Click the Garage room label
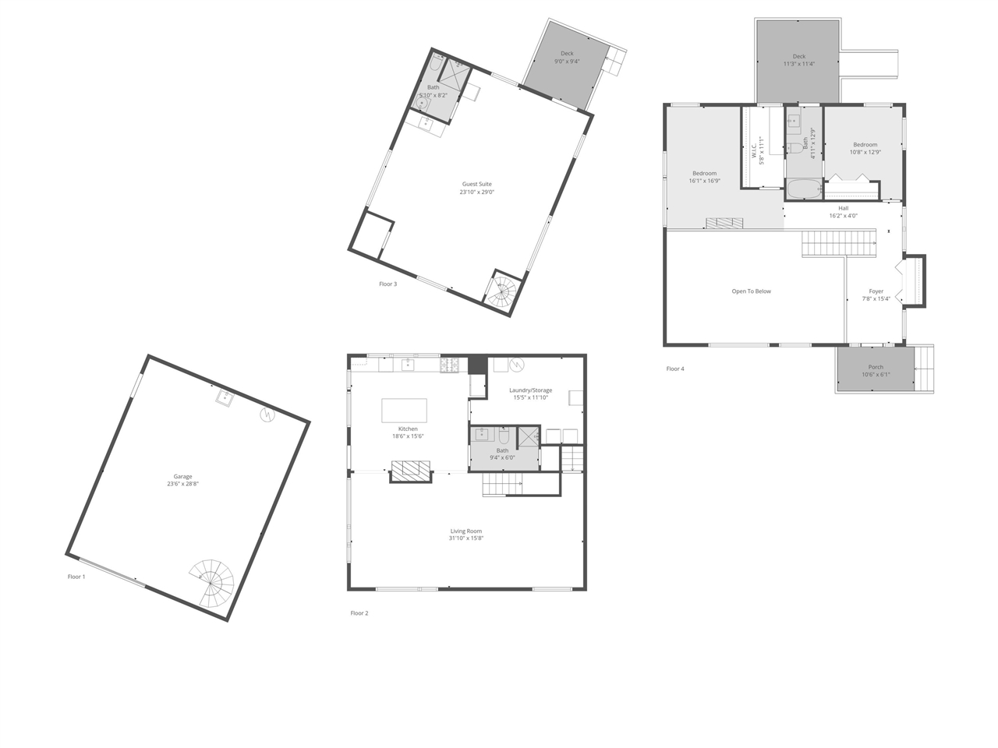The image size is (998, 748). coord(182,476)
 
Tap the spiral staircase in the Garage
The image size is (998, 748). coord(211,584)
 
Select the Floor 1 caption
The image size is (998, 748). coord(76,577)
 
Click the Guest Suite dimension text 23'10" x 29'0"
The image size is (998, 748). coord(476,192)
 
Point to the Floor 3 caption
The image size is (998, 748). coord(388,284)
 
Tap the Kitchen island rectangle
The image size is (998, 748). coord(404,411)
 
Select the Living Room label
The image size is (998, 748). coord(466,531)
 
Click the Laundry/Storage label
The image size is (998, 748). coord(531,390)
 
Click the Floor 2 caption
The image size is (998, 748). coord(359,613)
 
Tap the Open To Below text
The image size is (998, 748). coord(751,291)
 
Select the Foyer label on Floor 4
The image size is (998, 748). coord(876,291)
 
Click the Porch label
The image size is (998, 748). coord(876,367)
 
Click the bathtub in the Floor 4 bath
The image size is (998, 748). coord(804,189)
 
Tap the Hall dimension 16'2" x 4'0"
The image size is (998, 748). coord(844,216)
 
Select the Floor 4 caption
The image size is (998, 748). coord(675,369)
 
